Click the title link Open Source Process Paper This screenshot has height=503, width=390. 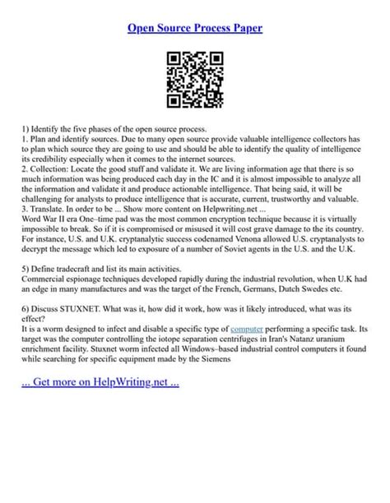point(195,27)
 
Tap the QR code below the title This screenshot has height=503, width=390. point(195,80)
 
